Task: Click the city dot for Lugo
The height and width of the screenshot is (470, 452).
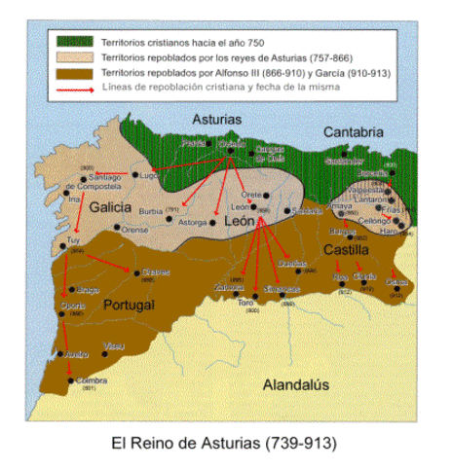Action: click(x=135, y=175)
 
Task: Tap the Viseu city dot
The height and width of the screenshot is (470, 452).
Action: click(x=105, y=346)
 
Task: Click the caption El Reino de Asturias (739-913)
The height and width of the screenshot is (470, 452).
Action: click(x=225, y=444)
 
